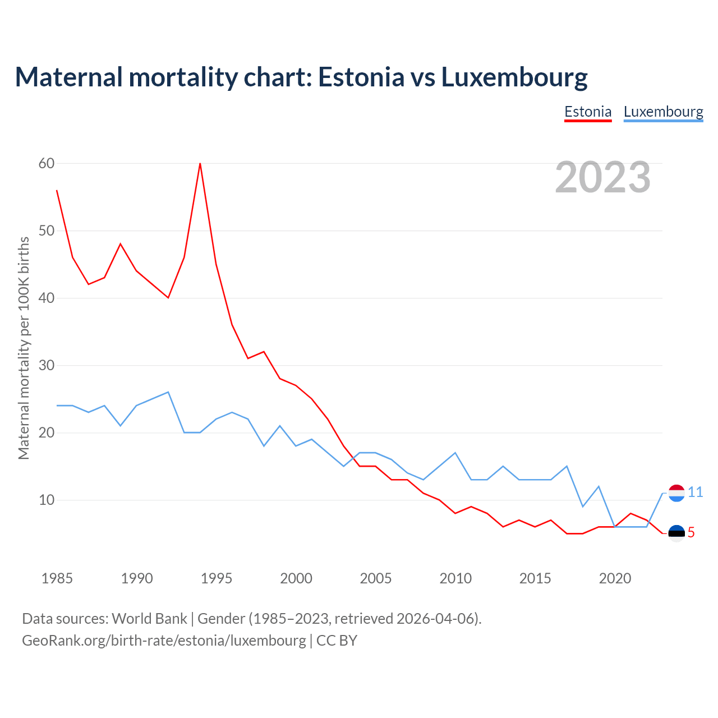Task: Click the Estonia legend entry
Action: click(587, 112)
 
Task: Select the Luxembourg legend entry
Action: click(663, 112)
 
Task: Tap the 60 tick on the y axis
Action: click(47, 163)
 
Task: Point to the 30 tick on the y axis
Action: click(47, 365)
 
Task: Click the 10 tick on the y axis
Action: click(47, 500)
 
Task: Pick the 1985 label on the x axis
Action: click(57, 578)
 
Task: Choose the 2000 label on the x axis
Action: click(296, 578)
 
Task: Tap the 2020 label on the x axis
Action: click(615, 578)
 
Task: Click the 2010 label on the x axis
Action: click(455, 578)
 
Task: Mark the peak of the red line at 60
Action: click(200, 163)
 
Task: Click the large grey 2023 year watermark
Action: click(603, 177)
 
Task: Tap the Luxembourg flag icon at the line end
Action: click(676, 493)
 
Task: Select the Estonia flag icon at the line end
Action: click(676, 533)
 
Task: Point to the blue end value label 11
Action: click(695, 493)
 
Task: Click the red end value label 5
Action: click(691, 533)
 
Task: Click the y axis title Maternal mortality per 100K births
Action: click(24, 348)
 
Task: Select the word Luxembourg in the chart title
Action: click(514, 77)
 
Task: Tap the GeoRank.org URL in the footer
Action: click(164, 641)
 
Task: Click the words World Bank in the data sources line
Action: click(149, 619)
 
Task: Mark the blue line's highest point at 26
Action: click(168, 392)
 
